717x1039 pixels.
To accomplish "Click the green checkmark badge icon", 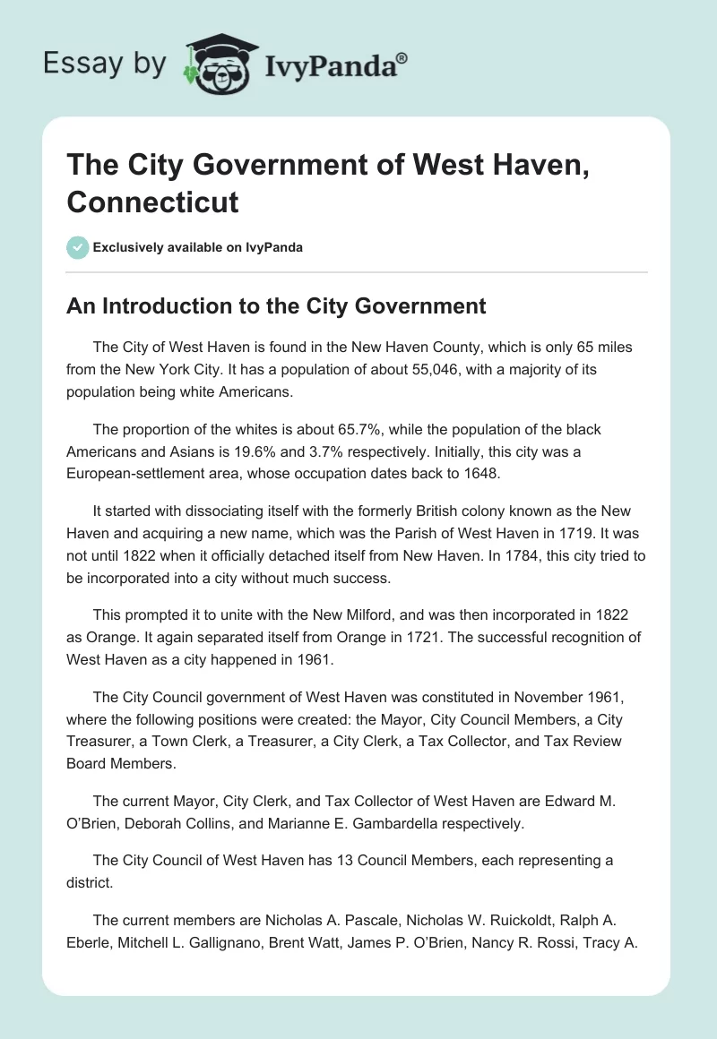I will (x=77, y=247).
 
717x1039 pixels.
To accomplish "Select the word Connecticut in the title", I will (x=152, y=202).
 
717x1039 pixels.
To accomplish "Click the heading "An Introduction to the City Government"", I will (x=276, y=306).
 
